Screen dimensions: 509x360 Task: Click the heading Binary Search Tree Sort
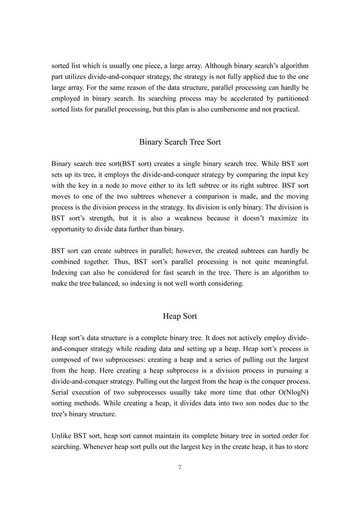(180, 142)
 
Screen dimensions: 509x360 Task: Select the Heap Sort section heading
(180, 316)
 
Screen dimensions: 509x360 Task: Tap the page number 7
(180, 468)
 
